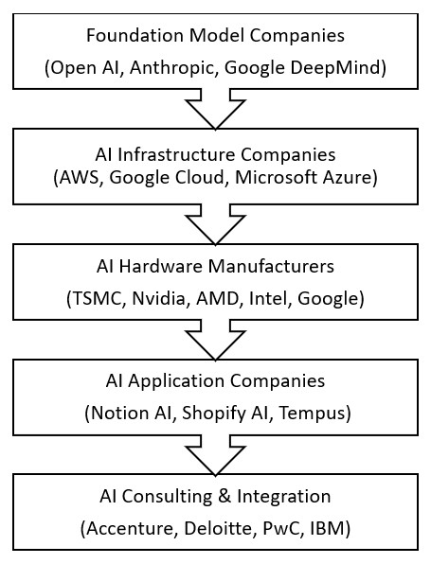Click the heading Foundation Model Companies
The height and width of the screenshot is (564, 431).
[x=214, y=37]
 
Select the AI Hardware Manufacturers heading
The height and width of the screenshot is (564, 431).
[x=215, y=268]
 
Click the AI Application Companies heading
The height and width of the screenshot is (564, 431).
[x=215, y=382]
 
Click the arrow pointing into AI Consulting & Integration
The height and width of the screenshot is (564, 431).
[x=215, y=455]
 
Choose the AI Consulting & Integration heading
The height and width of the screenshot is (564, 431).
[x=215, y=497]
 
